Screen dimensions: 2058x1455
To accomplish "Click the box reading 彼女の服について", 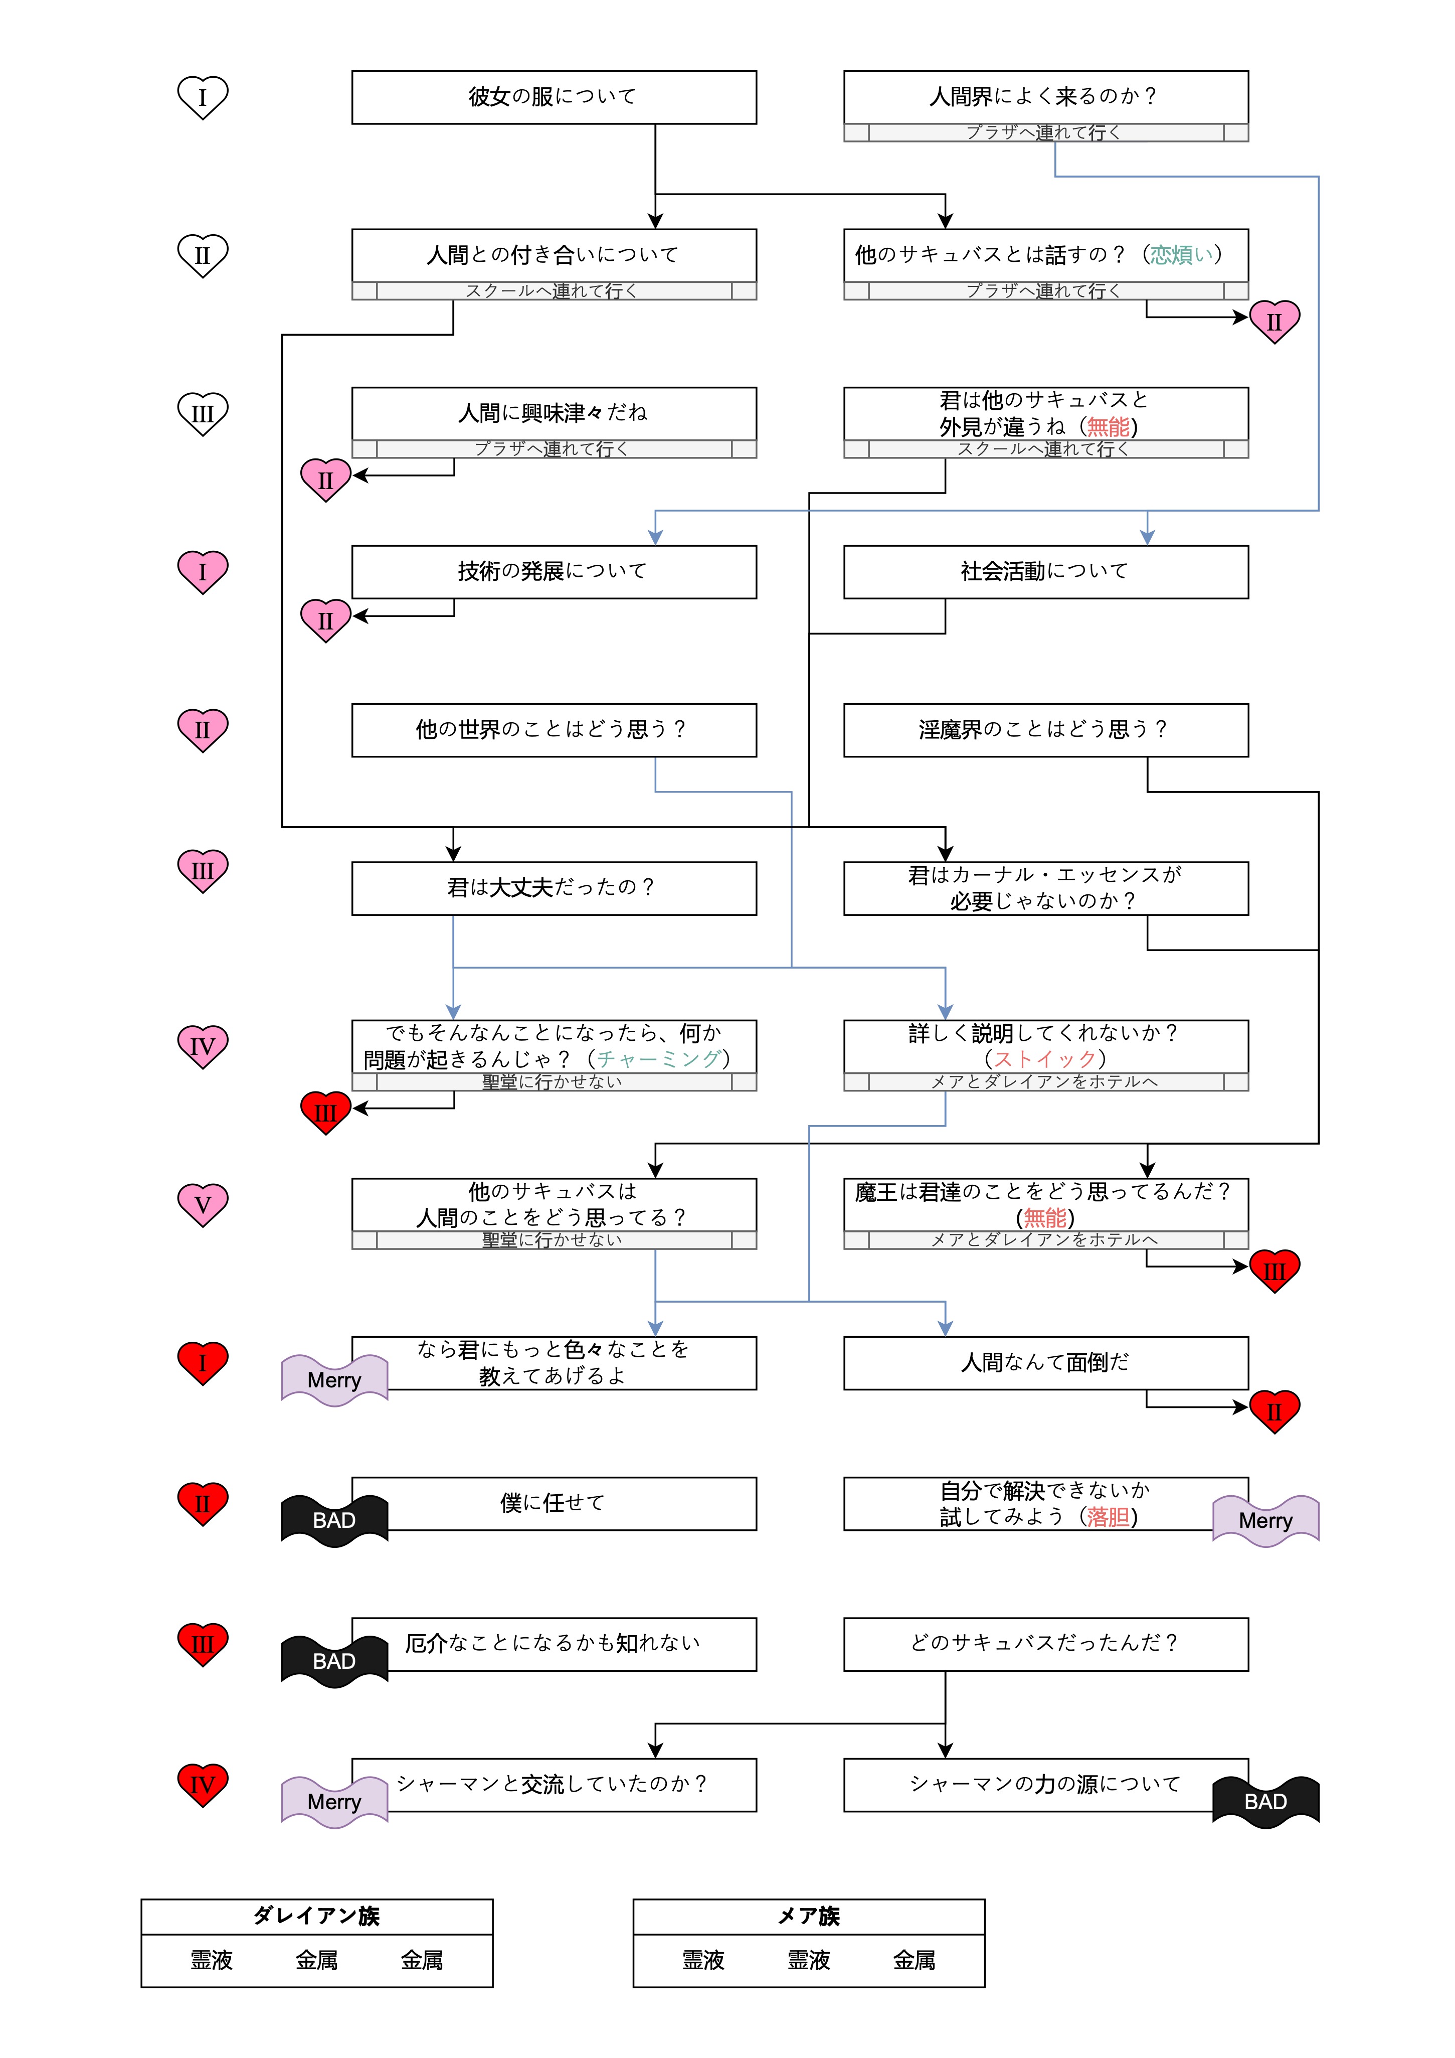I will (x=553, y=97).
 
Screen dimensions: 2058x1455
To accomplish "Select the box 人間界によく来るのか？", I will (x=1045, y=97).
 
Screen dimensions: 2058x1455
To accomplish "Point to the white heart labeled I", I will (x=203, y=97).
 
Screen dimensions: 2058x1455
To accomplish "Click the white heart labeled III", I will (x=203, y=414).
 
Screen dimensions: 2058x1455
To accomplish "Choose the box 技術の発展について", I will (x=553, y=572).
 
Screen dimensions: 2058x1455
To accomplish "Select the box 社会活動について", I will (x=1045, y=572).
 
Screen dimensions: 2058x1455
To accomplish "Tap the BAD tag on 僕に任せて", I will (x=334, y=1521).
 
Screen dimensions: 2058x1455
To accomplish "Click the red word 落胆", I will (x=1108, y=1517).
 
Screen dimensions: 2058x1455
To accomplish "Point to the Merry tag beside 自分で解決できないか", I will (x=1265, y=1521).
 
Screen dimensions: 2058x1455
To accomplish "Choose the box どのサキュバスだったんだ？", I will (x=1045, y=1643).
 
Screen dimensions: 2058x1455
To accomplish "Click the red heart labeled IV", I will (x=203, y=1785).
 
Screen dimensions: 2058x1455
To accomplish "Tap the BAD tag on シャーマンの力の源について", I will (x=1265, y=1802).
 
